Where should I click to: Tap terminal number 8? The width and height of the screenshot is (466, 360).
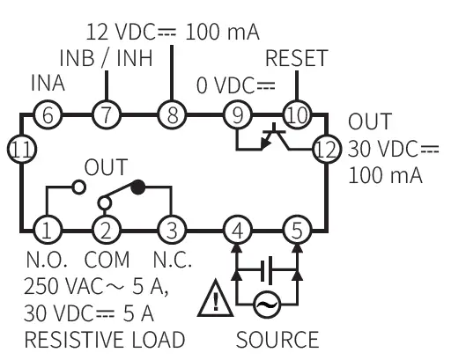[170, 114]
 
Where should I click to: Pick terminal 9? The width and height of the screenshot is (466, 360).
[236, 114]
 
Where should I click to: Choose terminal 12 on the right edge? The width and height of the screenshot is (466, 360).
[327, 147]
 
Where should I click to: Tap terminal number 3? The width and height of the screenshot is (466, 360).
[170, 231]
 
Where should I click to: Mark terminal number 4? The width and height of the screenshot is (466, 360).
[236, 231]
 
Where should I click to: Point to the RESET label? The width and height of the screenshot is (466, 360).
[296, 59]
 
